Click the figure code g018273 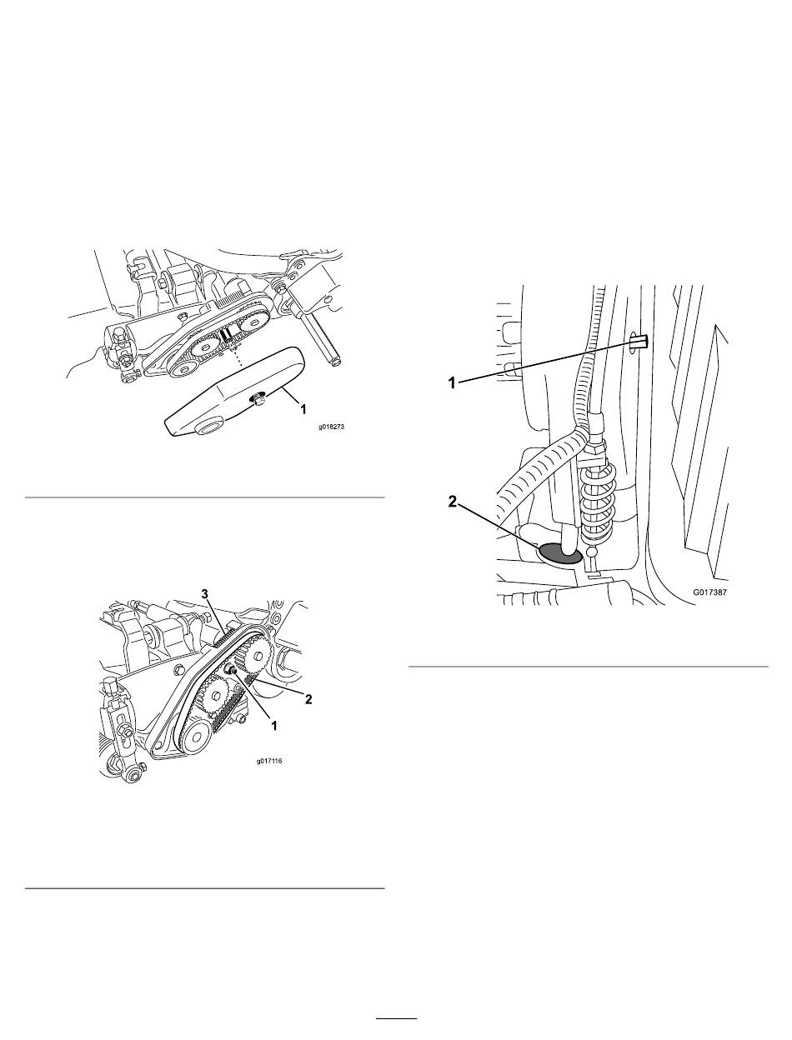click(331, 427)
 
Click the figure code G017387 click(709, 592)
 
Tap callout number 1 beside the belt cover click(303, 409)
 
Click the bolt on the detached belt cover click(258, 398)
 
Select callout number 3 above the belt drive click(205, 594)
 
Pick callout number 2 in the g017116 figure click(308, 699)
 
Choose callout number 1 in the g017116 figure click(274, 725)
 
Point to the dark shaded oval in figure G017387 click(559, 553)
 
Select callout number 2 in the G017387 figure click(454, 502)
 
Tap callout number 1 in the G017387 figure click(454, 382)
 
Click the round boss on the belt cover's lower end click(207, 429)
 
